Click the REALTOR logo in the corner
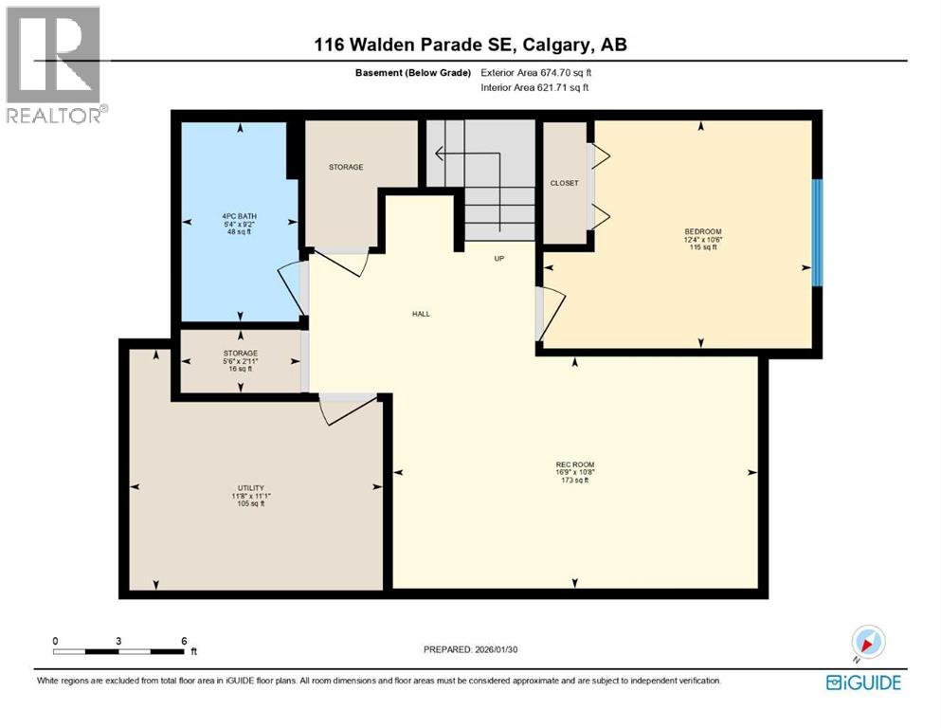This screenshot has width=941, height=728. [54, 64]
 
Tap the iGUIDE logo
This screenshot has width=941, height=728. [862, 682]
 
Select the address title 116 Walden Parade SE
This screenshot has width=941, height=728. [470, 45]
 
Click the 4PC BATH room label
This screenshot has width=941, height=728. [233, 216]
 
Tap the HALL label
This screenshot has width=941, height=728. [421, 314]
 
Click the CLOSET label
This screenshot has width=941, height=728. [564, 183]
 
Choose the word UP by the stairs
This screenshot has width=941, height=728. [498, 258]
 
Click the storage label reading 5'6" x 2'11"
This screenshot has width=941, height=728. [240, 360]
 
